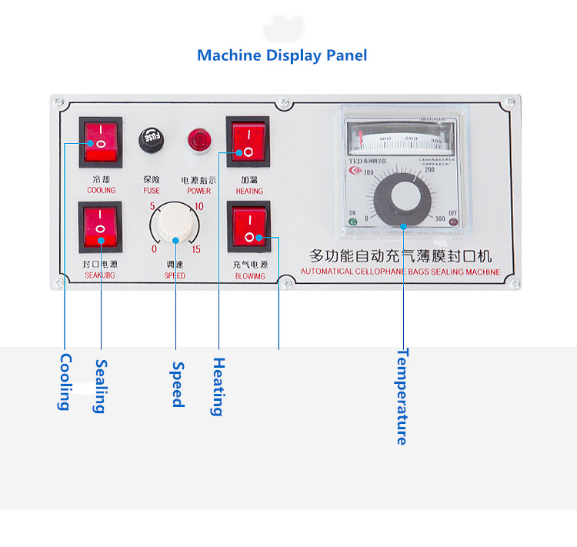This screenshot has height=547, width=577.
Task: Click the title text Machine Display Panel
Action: (282, 55)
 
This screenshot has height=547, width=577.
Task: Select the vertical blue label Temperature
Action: (402, 396)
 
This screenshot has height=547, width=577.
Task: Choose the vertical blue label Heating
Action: (218, 387)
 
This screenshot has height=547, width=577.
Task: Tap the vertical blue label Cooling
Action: (65, 382)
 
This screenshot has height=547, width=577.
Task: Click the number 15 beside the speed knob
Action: (197, 249)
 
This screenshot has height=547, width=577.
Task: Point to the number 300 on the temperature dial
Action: (440, 220)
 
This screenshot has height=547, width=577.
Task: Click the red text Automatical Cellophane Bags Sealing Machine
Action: (400, 272)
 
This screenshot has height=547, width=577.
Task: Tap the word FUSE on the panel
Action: (152, 191)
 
